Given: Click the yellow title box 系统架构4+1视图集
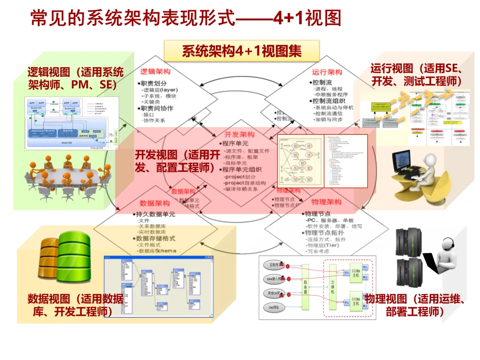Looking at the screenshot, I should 242,51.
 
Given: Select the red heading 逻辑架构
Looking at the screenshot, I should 155,72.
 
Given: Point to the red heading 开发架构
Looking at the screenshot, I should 240,135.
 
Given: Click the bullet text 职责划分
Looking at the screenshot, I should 153,83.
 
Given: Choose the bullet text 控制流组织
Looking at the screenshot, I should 328,101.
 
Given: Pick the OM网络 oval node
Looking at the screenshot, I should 273,308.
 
